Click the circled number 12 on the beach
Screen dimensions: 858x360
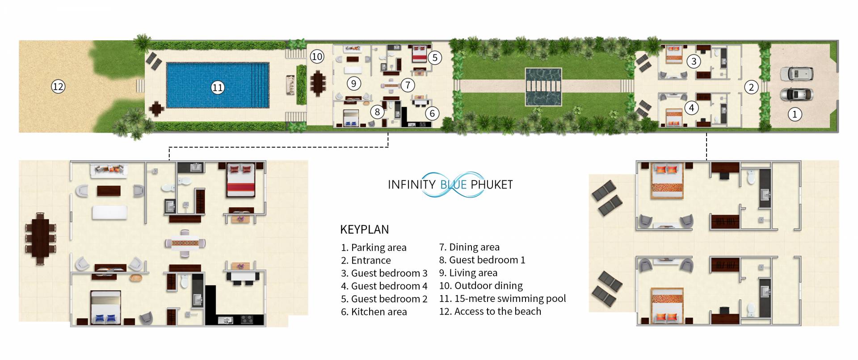[58, 86]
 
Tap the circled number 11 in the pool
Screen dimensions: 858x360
[218, 88]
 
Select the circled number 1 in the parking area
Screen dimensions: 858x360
[795, 114]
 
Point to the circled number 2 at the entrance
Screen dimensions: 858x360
[751, 87]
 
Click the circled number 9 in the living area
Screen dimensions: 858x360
[354, 83]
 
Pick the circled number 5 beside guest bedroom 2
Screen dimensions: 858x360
[434, 57]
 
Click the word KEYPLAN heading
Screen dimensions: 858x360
[364, 230]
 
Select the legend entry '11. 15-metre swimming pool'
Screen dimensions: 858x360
[502, 298]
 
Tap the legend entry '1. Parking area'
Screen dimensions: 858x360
[374, 247]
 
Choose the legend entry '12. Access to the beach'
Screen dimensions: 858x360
[490, 311]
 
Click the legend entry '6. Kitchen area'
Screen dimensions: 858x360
[374, 312]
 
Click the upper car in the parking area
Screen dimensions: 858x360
[796, 73]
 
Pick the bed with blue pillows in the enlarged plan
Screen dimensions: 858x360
[105, 307]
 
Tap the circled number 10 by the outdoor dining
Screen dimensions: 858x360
[317, 57]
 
